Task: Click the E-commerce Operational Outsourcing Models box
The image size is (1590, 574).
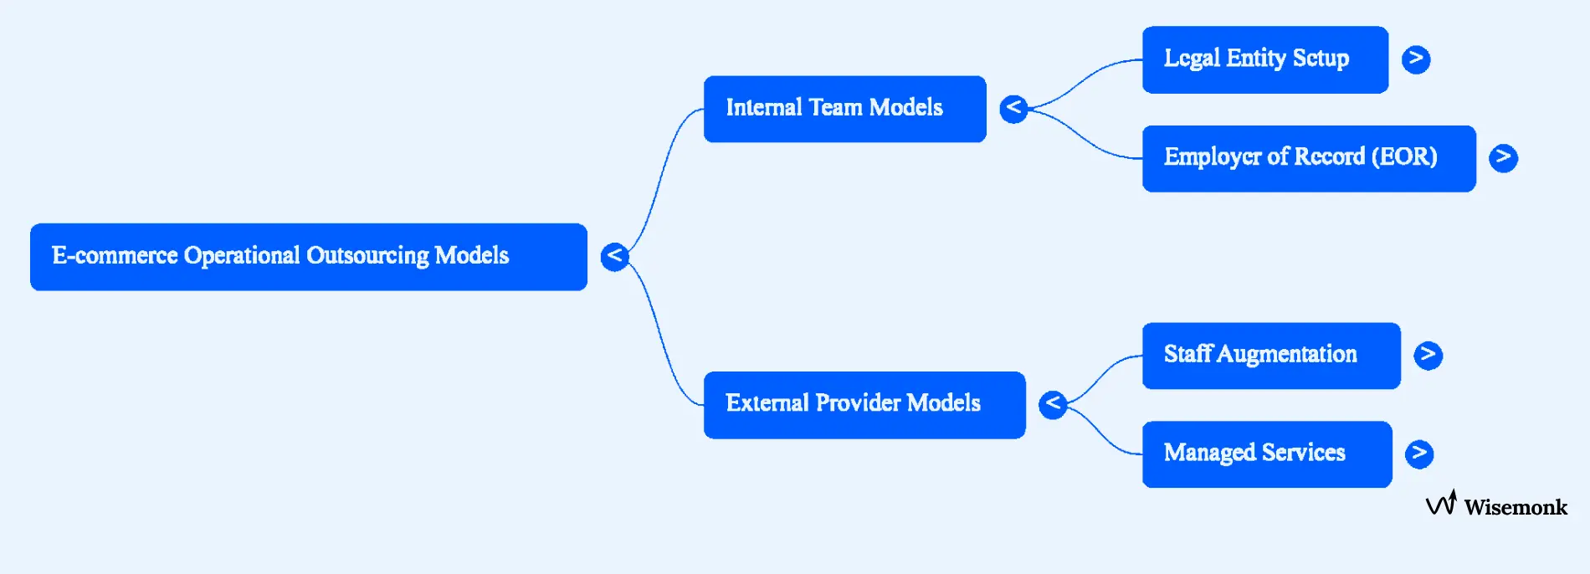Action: click(x=308, y=257)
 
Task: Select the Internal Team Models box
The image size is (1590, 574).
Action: click(x=844, y=109)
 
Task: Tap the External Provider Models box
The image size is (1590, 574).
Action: click(x=864, y=405)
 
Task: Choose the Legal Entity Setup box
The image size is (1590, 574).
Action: click(x=1264, y=59)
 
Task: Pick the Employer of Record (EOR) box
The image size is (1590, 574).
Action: click(x=1308, y=158)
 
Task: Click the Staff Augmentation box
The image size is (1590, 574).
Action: click(x=1270, y=356)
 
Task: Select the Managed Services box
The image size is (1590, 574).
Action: click(x=1266, y=454)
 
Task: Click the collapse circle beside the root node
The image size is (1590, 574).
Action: click(x=614, y=256)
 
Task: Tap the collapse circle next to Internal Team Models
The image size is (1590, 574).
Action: click(x=1013, y=108)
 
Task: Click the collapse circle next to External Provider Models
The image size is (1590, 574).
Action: click(x=1053, y=404)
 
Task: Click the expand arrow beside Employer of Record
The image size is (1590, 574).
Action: click(x=1503, y=157)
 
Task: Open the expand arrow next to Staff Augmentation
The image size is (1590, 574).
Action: click(x=1428, y=355)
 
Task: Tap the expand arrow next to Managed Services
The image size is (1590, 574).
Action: click(x=1418, y=454)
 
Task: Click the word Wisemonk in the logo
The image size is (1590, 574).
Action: click(x=1515, y=507)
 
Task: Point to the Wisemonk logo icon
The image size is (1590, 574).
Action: click(x=1441, y=503)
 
